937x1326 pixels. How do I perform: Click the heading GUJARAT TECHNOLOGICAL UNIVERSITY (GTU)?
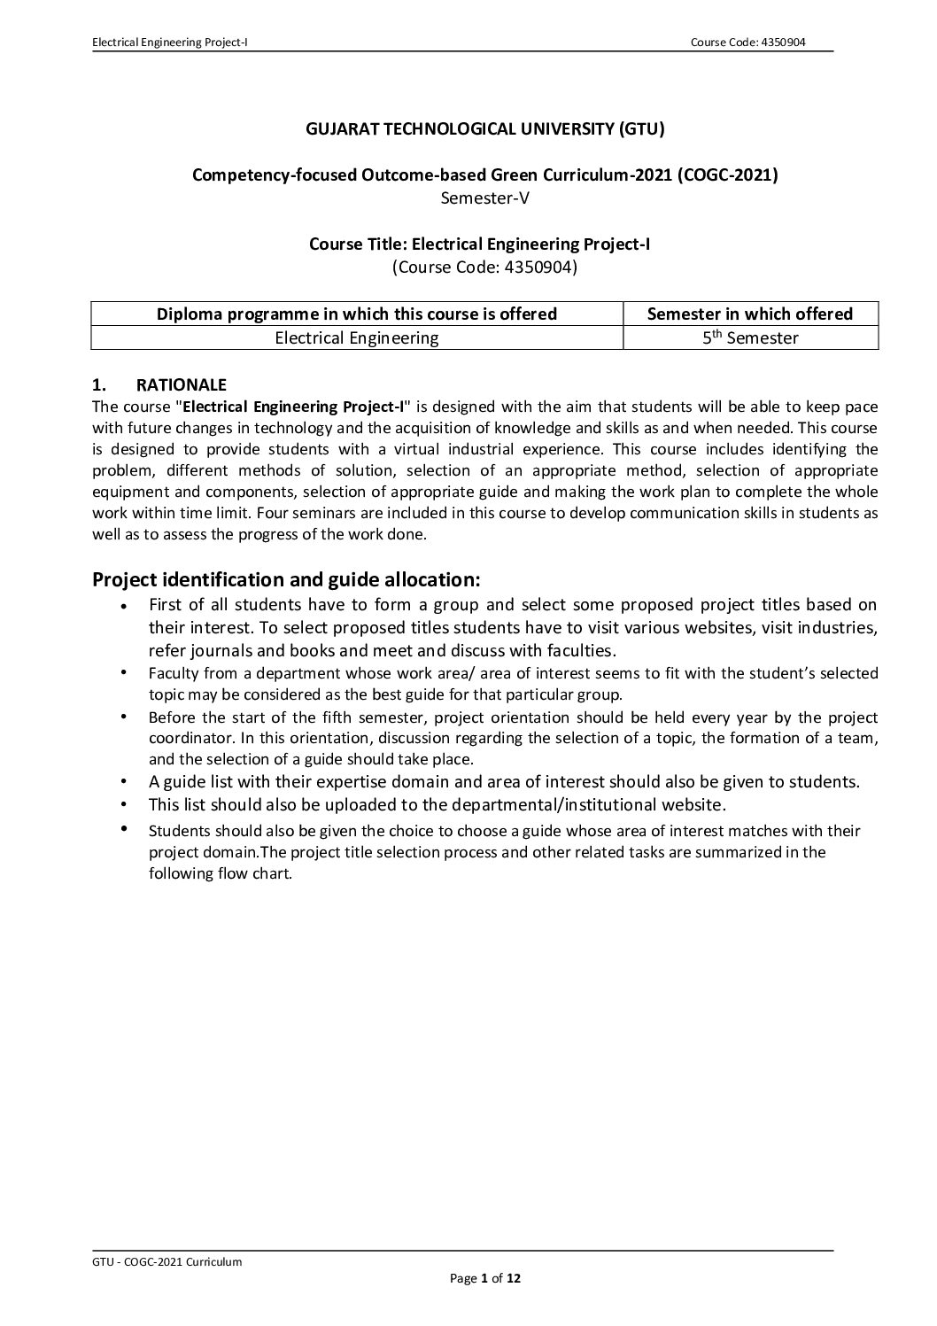coord(484,129)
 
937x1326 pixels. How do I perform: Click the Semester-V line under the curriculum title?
coord(484,198)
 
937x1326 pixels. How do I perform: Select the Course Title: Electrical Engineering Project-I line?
coord(479,244)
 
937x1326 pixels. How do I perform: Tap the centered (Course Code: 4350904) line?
coord(484,266)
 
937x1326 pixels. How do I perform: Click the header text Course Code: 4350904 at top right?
coord(751,43)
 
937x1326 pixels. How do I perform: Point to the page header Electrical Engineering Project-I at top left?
coord(169,43)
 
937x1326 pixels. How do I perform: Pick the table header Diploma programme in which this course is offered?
coord(357,314)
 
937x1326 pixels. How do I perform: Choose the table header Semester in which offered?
coord(750,314)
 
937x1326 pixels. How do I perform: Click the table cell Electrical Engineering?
coord(357,337)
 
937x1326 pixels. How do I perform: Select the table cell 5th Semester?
coord(750,337)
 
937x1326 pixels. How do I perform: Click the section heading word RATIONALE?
coord(181,384)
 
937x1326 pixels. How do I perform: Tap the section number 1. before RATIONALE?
coord(99,384)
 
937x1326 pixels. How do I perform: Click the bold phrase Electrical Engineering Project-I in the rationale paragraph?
coord(293,407)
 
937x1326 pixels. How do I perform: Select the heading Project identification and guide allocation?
coord(286,580)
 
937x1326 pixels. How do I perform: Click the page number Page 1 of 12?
coord(491,1277)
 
